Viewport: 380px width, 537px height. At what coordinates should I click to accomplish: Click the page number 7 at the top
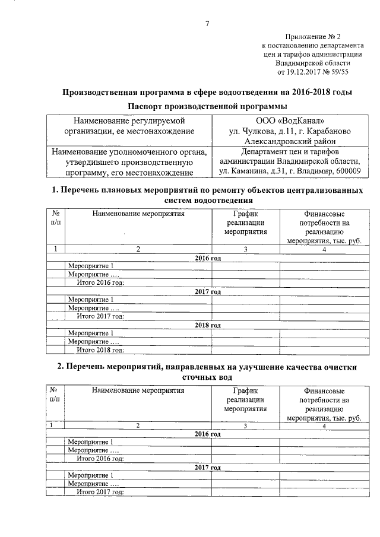pos(207,24)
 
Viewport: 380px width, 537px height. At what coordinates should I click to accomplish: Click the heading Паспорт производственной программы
pos(207,106)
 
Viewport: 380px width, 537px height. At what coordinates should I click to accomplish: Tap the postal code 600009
pos(347,171)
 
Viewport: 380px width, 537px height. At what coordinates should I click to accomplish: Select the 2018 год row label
pos(208,325)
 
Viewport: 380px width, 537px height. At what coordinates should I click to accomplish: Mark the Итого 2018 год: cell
pos(100,349)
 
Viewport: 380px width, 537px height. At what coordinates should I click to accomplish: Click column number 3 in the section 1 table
pos(245,249)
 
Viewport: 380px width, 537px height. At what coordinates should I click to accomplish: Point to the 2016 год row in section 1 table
pos(208,258)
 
